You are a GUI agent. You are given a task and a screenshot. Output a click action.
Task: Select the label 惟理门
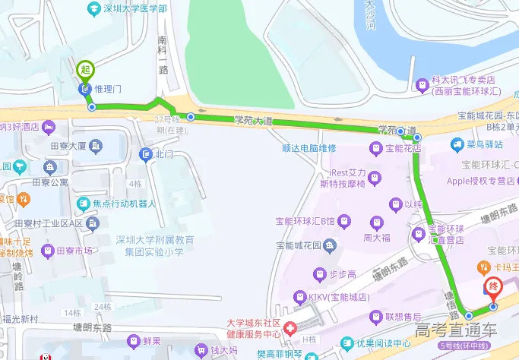pos(109,89)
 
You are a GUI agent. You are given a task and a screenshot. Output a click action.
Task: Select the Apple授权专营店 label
pos(481,181)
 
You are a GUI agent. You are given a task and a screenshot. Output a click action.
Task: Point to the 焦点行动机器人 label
pos(124,204)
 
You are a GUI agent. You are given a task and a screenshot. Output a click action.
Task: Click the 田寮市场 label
pos(74,251)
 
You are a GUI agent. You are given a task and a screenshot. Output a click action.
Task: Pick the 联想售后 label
pos(403,316)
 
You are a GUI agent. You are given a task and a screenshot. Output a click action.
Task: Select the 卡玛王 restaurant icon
pos(481,267)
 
